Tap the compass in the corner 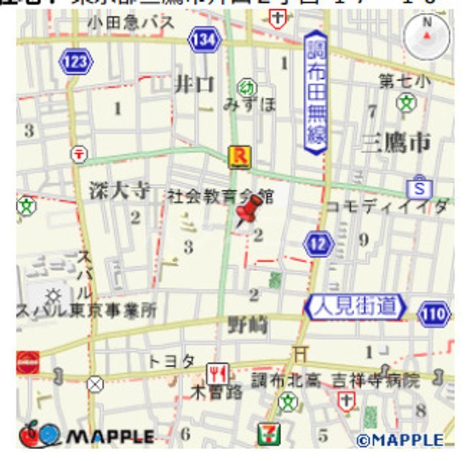(x=428, y=34)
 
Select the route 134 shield (x=204, y=39)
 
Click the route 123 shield (x=76, y=62)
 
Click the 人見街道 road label (x=355, y=307)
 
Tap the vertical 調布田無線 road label (x=315, y=95)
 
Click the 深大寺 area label (x=120, y=190)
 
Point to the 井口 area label (x=194, y=84)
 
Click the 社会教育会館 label (x=219, y=196)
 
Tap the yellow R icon (x=238, y=157)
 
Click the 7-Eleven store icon (x=269, y=434)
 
